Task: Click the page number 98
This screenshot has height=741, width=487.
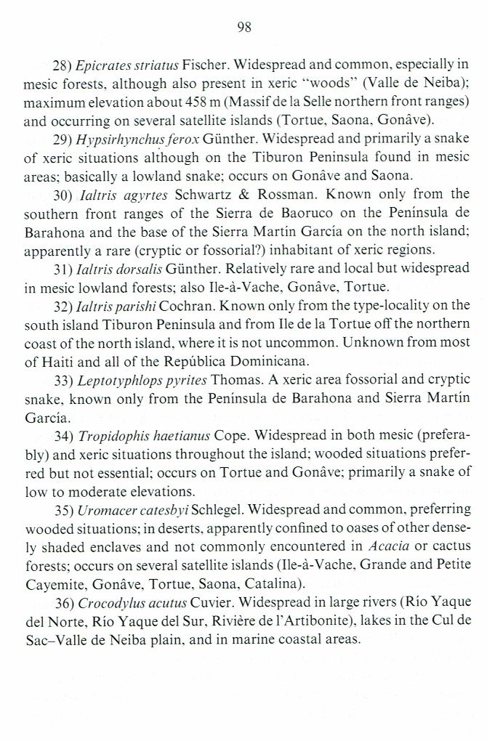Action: tap(243, 29)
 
